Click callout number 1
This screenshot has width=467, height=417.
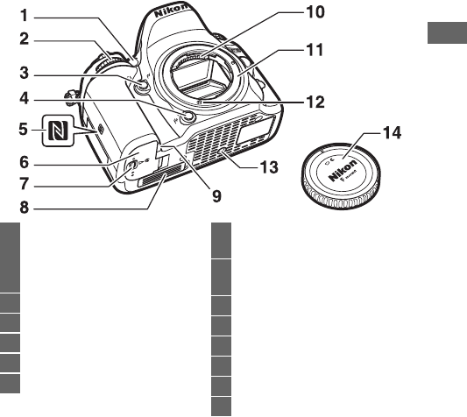pos(25,16)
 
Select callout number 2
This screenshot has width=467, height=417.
pos(25,39)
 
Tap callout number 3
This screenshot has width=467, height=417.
pos(25,73)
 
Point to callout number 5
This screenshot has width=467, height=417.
pos(24,130)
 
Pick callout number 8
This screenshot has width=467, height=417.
pos(25,208)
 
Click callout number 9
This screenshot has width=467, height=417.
pos(216,196)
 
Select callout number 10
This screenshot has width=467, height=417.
pos(315,12)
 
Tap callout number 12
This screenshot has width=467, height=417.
pos(315,102)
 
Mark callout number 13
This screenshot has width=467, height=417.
pos(269,167)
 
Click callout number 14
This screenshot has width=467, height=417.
pos(392,133)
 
